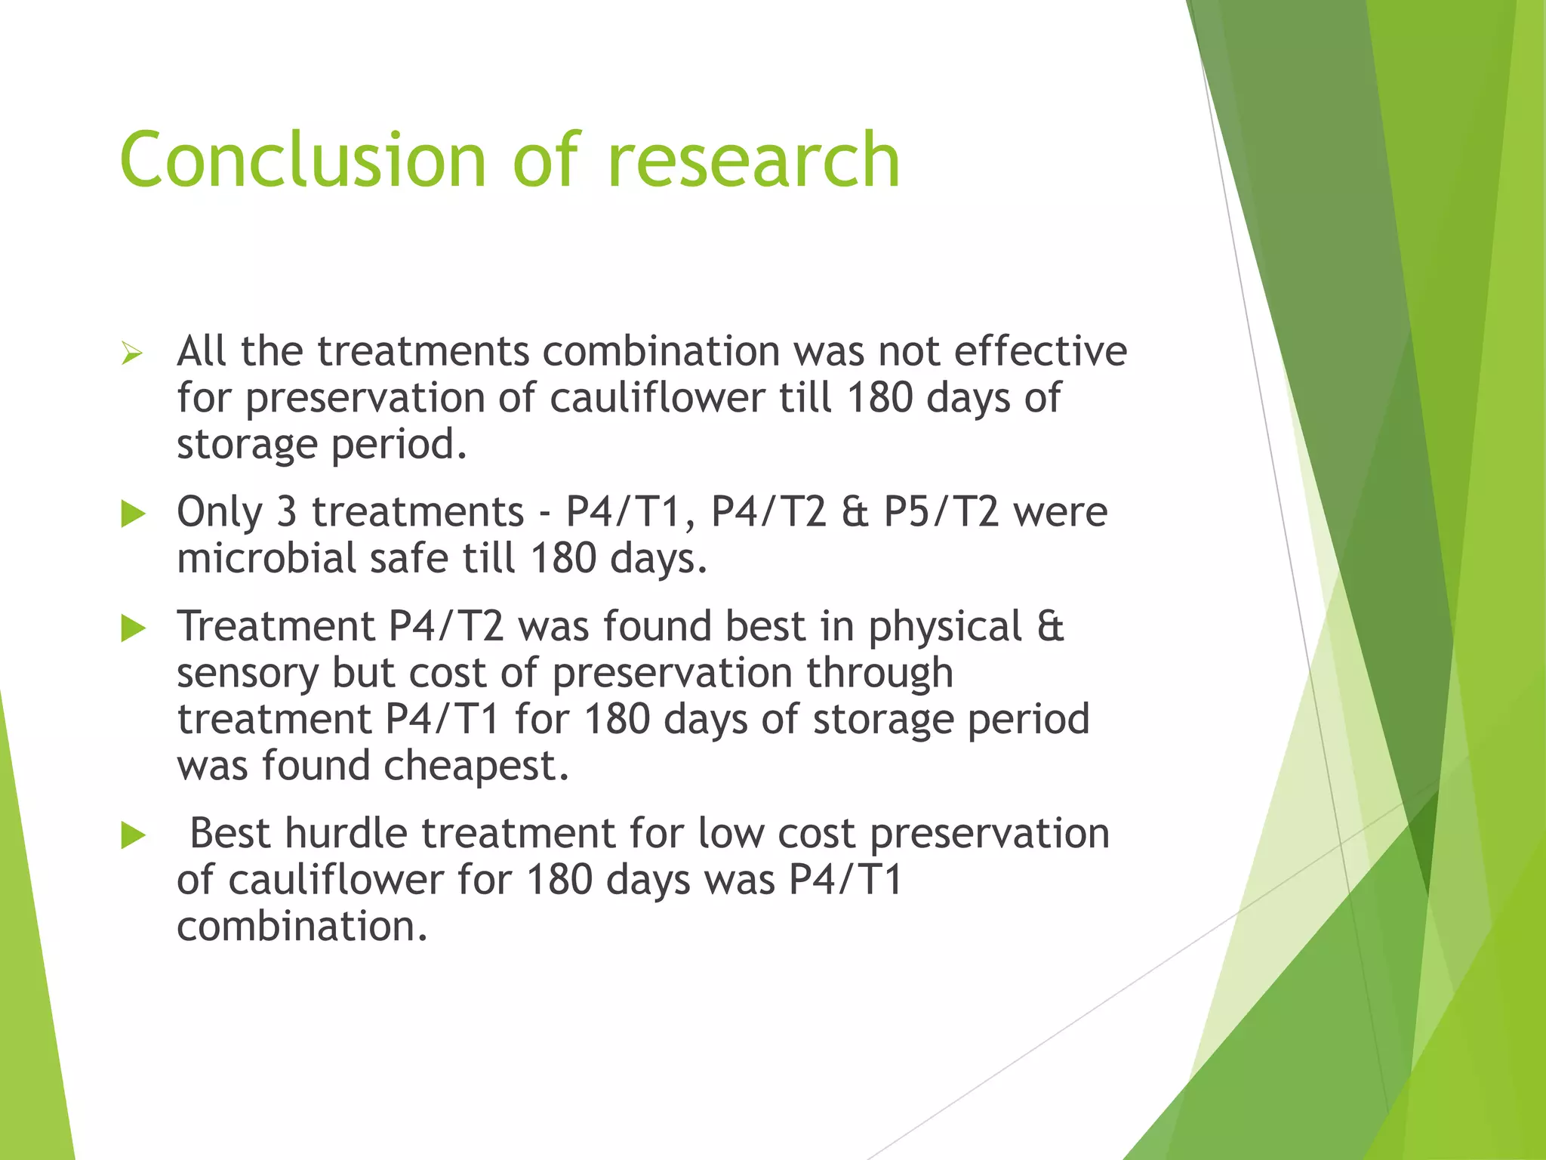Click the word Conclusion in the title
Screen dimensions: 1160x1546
(x=302, y=160)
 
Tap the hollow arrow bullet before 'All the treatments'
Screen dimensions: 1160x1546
(x=132, y=353)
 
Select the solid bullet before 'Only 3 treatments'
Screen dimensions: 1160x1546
(x=133, y=515)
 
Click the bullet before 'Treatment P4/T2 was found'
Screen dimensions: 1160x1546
(x=133, y=628)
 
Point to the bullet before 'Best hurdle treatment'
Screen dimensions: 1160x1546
(x=133, y=836)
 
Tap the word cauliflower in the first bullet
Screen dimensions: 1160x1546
(x=657, y=398)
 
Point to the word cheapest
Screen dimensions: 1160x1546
(x=476, y=767)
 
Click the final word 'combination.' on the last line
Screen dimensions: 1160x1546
(x=302, y=927)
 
